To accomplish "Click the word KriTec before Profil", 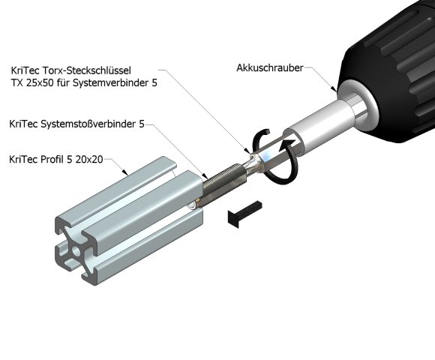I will pyautogui.click(x=23, y=160).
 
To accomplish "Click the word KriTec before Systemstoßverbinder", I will pyautogui.click(x=23, y=123).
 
